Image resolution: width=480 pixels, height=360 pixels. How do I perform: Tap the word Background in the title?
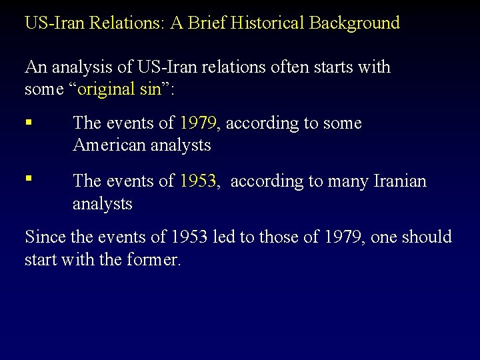[355, 23]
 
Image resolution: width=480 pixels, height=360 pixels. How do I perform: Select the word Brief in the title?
[205, 23]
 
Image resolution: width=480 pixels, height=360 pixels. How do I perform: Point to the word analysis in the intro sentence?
[81, 67]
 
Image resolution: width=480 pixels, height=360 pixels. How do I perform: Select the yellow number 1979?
[198, 123]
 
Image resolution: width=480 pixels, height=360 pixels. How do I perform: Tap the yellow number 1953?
[198, 181]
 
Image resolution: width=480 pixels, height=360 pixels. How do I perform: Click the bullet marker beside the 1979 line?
[28, 122]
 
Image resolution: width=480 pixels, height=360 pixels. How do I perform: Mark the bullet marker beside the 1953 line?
[28, 179]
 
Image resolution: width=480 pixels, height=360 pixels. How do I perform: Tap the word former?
[155, 259]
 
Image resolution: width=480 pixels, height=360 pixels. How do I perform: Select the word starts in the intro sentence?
[321, 67]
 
